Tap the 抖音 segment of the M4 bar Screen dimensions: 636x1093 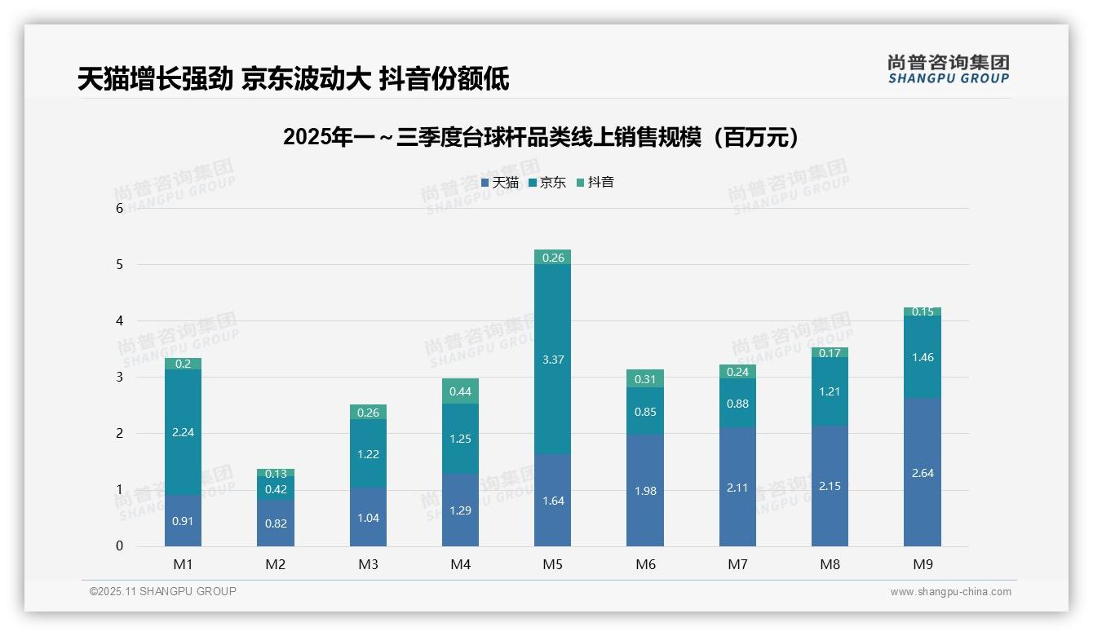[460, 391]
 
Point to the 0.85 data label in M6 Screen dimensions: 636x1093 [645, 412]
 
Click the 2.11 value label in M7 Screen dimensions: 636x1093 [737, 488]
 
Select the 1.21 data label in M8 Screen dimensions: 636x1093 [830, 391]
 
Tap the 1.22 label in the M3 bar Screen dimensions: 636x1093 [368, 454]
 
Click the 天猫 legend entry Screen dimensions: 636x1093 [500, 183]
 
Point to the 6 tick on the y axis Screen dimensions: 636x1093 [119, 208]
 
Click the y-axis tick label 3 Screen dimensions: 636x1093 [119, 378]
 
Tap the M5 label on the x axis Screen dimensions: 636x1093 [552, 564]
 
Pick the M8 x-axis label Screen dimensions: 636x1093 [830, 564]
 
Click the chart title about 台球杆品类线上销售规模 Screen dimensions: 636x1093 [541, 138]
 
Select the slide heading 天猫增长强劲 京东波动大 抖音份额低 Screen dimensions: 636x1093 [294, 79]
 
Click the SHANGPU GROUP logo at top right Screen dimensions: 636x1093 [948, 69]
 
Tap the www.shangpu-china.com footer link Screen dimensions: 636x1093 [950, 592]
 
